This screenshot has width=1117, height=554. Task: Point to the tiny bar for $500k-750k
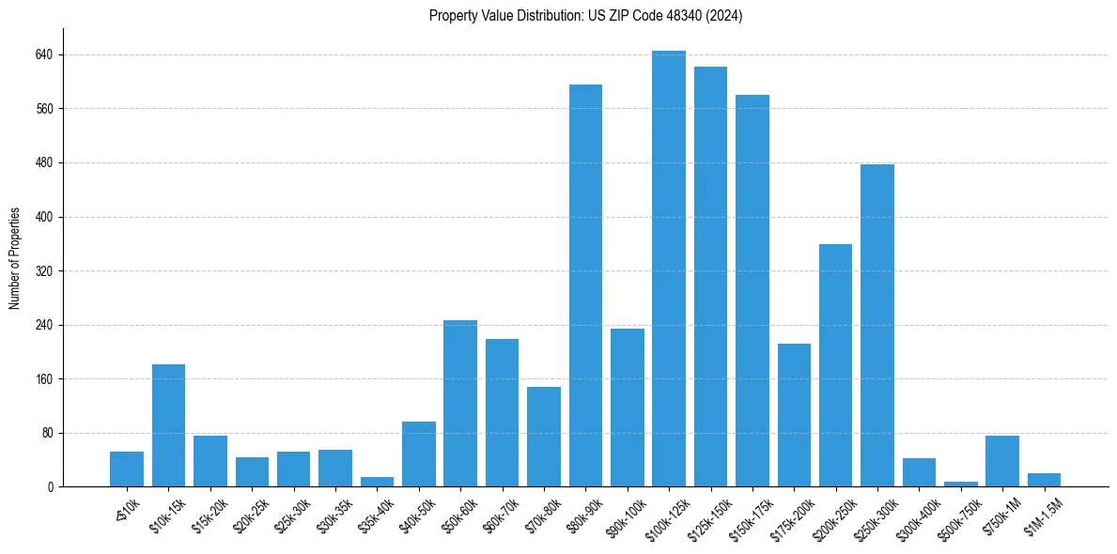pyautogui.click(x=960, y=485)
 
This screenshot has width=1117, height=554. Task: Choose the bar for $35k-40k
pyautogui.click(x=377, y=482)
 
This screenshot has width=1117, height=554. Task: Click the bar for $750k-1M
pyautogui.click(x=1002, y=461)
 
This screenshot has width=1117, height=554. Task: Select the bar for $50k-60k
pyautogui.click(x=460, y=404)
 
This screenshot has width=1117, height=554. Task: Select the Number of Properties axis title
pyautogui.click(x=14, y=258)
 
